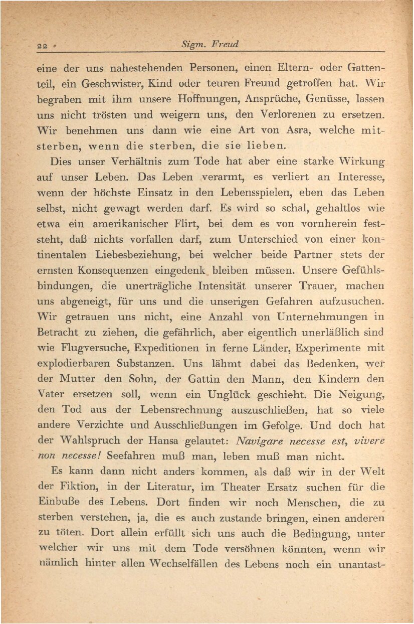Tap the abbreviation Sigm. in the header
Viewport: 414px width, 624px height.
coord(193,45)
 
